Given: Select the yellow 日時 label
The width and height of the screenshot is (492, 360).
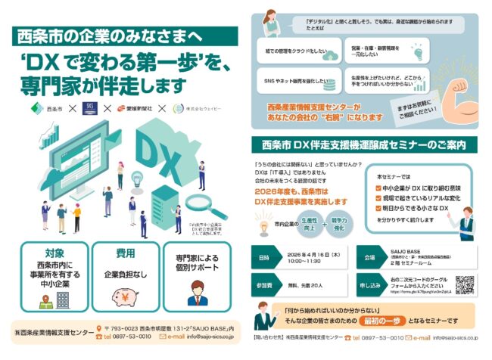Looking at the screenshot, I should pyautogui.click(x=265, y=259).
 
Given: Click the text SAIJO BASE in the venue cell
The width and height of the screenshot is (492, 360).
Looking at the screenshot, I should pyautogui.click(x=409, y=250).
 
